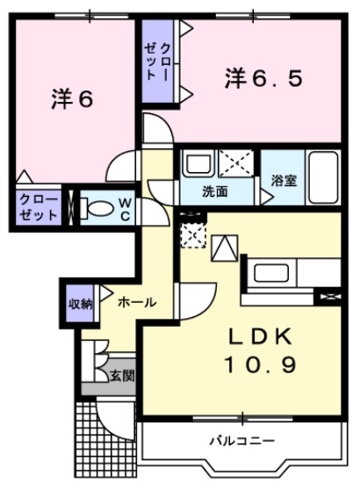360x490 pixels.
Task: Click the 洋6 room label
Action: point(72,99)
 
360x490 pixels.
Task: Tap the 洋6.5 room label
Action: point(263,79)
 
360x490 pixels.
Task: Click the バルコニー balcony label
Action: point(241,440)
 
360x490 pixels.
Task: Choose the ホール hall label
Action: point(137,302)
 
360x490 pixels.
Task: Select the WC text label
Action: point(126,209)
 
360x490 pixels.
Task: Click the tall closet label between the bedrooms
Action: point(159,61)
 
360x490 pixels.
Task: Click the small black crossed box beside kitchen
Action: point(329,297)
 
